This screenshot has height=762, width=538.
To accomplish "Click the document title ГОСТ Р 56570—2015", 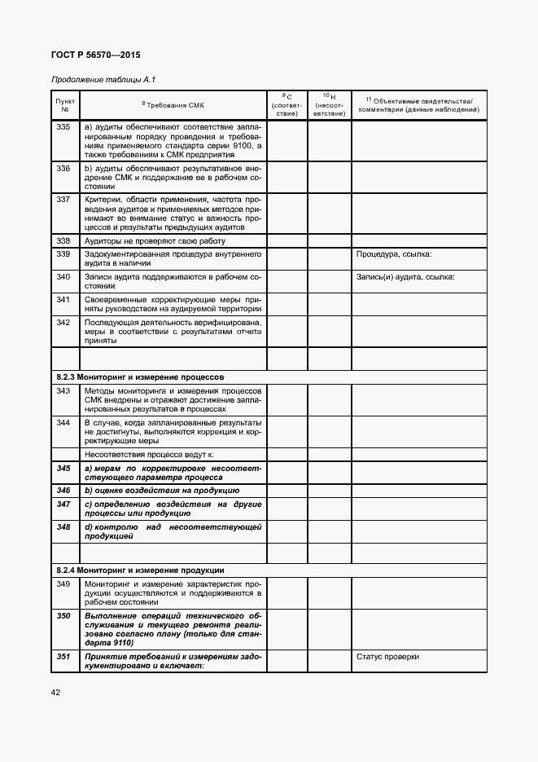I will coord(95,55).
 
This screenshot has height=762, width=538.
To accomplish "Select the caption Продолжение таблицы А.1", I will coord(103,79).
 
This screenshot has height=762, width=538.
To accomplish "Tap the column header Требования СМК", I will coord(173,105).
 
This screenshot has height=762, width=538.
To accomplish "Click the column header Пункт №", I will coord(65,105).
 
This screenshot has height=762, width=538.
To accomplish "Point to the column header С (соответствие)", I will coord(286,105).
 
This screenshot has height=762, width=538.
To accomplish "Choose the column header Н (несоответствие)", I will coord(329,105).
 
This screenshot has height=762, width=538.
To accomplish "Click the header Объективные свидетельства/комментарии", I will coord(418,105).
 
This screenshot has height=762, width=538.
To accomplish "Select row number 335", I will coord(63,127).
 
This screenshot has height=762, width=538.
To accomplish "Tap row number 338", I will coord(63,240).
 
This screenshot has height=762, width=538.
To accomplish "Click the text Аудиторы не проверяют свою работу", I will coord(155,240).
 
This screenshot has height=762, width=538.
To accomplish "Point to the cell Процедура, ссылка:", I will coord(394,254).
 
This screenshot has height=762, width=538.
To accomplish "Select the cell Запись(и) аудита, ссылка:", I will coord(405,277).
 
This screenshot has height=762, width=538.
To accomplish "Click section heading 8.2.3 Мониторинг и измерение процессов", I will coord(140,377).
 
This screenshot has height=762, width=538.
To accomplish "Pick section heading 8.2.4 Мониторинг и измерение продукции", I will coord(140,570).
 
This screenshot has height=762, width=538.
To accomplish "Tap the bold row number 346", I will coord(63,491).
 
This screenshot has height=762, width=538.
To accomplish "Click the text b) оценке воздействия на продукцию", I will coord(161,491).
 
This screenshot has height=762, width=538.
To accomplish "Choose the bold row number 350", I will coord(63,615).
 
